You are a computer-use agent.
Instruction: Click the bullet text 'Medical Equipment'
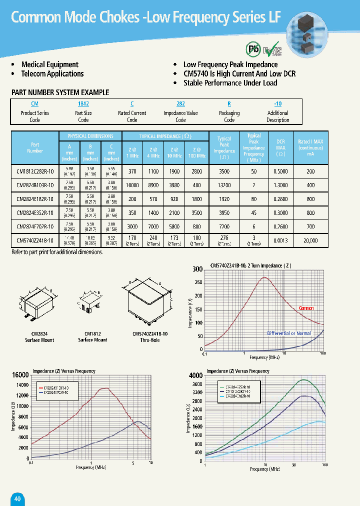pos(49,64)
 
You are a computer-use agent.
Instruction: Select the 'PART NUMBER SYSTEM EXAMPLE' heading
pos(60,92)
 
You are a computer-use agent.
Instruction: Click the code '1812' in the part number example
pos(83,103)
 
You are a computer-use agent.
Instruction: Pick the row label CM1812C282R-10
pos(35,171)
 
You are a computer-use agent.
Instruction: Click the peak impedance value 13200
pos(224,185)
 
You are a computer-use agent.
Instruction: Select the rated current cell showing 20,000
pos(310,240)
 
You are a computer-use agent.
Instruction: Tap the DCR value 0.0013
pos(281,240)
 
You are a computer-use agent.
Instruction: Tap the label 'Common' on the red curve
pos(306,308)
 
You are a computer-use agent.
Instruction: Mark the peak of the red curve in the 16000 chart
pos(104,388)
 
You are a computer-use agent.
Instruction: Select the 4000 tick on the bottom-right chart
pos(195,375)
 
